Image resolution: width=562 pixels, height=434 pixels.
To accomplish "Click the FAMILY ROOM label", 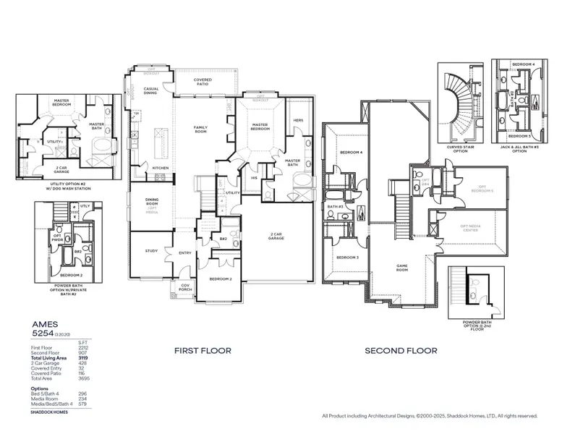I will tap(200, 129).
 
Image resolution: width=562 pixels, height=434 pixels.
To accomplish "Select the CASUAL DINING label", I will tap(151, 91).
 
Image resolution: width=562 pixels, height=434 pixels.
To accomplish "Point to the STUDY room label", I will tap(151, 251).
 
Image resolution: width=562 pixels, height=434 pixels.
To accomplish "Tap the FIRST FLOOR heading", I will tap(203, 351).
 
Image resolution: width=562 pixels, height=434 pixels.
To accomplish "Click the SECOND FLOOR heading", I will tap(401, 351).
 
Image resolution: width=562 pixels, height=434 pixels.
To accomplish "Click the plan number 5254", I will tap(43, 335).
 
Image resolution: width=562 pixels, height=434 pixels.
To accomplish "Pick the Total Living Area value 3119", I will tap(82, 358).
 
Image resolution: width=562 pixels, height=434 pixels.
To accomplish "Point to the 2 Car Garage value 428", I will tap(82, 363).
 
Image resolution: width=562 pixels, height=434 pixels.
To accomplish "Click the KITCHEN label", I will tap(161, 168).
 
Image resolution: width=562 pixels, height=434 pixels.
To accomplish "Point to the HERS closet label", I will tap(298, 121).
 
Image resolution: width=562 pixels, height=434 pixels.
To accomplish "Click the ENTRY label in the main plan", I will tap(186, 252).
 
